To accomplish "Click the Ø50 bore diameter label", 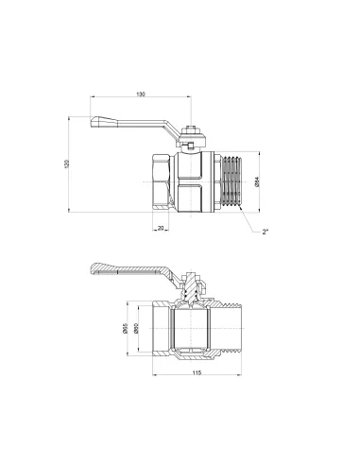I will [x=140, y=333].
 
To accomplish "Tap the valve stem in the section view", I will [x=195, y=289].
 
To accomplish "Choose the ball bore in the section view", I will [x=195, y=334].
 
